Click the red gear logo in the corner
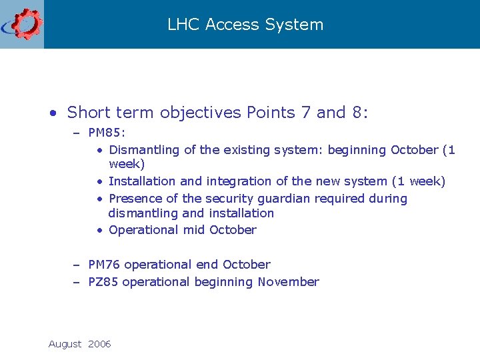coord(25,24)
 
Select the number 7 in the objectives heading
coord(306,112)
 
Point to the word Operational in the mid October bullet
coord(141,229)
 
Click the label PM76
coord(104,264)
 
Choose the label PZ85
coord(103,281)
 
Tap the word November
coord(288,281)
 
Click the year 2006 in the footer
coord(99,344)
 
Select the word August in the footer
coord(65,344)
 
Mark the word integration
coord(241,181)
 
